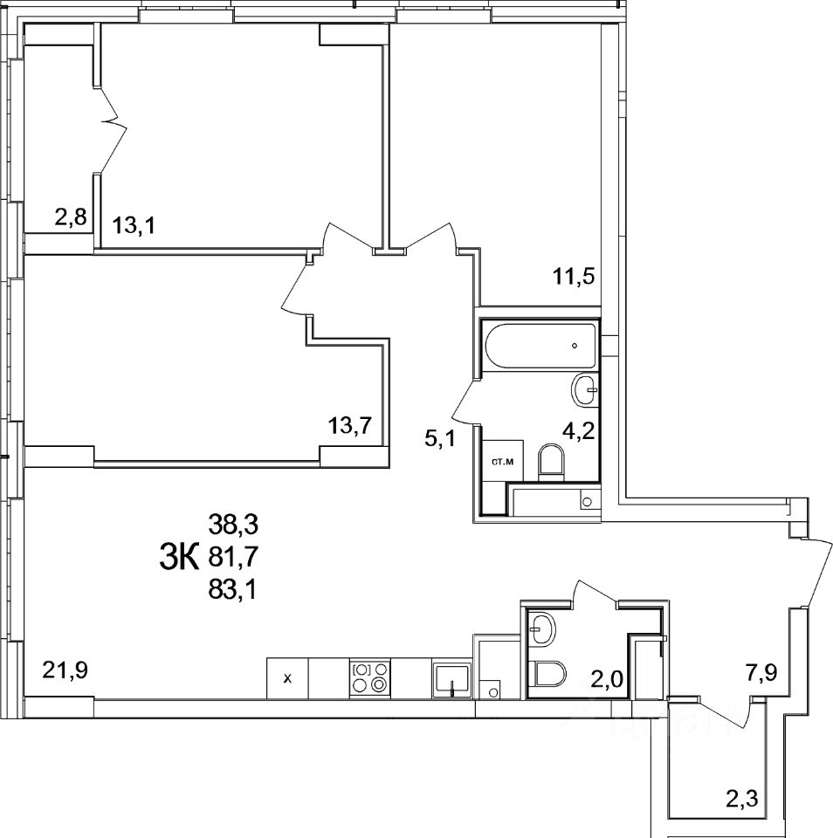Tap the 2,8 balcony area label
pos(71,217)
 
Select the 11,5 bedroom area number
pos(573,278)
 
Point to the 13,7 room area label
pos(350,425)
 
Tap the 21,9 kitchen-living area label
pos(64,670)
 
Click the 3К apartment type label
pos(180,555)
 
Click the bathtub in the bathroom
pos(540,347)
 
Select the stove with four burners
pos(370,677)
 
